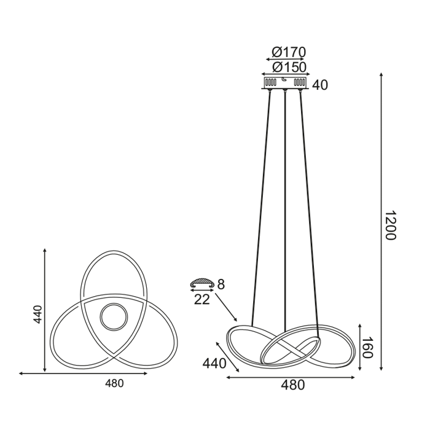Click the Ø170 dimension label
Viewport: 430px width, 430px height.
[x=288, y=52]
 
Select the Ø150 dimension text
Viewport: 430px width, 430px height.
[x=289, y=67]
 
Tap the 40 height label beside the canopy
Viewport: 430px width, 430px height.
[x=320, y=85]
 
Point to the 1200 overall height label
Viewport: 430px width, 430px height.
[x=389, y=225]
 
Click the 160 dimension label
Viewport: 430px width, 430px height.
[x=367, y=348]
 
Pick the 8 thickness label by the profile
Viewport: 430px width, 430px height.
[x=221, y=284]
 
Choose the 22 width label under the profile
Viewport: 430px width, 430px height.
[x=202, y=300]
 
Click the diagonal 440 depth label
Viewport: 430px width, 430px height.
[x=214, y=364]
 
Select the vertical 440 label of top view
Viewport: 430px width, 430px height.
[x=37, y=315]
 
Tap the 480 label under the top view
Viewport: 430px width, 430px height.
[x=114, y=383]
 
